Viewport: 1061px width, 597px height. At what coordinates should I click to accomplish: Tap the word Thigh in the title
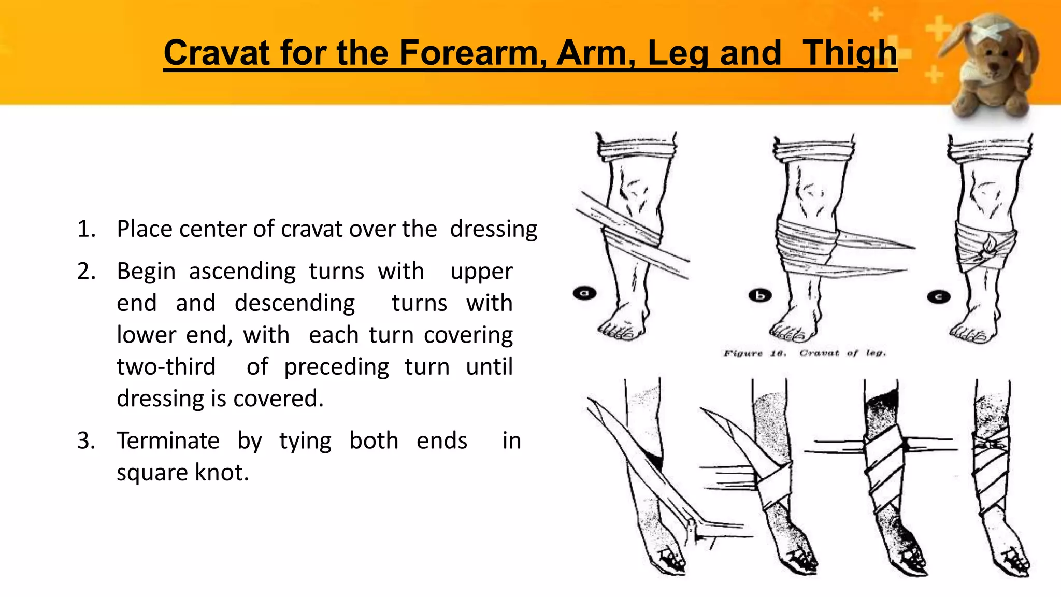point(850,53)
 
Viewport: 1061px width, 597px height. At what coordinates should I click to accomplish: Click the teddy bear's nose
point(994,66)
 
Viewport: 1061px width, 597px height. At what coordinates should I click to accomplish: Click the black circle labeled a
point(584,293)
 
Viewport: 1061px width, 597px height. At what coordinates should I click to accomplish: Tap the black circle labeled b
point(760,295)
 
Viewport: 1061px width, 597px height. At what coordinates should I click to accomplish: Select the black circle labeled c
point(938,297)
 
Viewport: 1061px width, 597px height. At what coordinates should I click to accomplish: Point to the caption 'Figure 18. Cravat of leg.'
point(805,353)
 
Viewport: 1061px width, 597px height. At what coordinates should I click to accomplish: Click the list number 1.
point(86,229)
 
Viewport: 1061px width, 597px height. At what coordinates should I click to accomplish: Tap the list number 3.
point(86,440)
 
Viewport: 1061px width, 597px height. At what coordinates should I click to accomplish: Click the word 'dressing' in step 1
point(493,229)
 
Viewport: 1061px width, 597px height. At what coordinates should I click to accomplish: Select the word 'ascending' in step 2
point(242,272)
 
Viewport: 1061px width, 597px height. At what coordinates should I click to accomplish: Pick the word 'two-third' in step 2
point(166,367)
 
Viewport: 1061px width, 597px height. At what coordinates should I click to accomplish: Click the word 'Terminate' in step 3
point(168,440)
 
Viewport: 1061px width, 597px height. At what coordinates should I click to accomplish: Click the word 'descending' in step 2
point(295,303)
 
